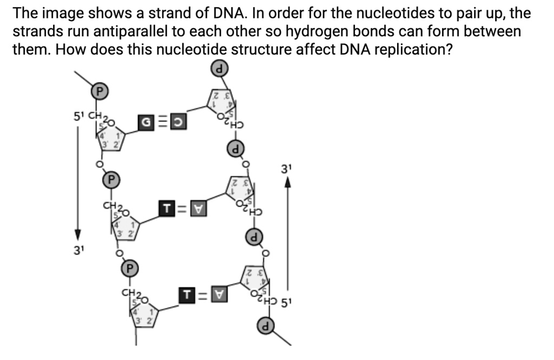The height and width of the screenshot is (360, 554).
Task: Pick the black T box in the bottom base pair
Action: [x=187, y=295]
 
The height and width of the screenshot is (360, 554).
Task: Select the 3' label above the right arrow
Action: [x=287, y=169]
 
